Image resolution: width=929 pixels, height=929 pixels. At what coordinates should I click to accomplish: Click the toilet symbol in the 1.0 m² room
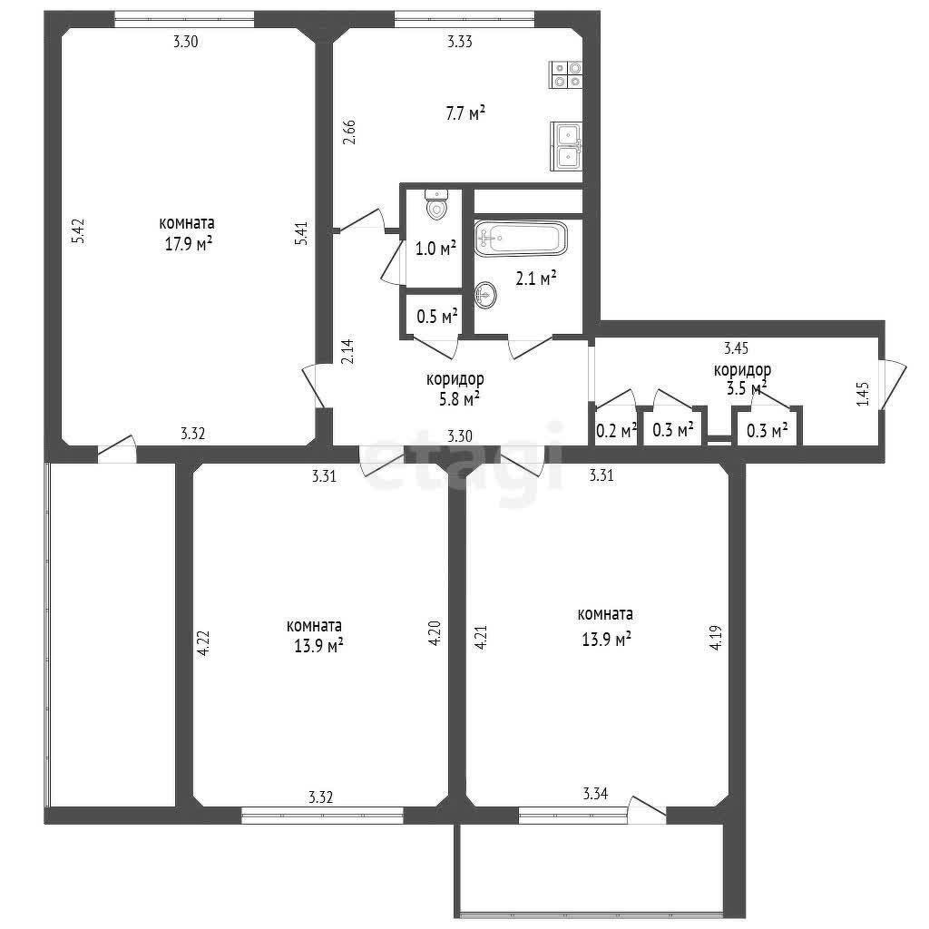pos(436,203)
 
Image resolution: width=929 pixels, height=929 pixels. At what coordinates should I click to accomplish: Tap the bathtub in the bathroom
pos(521,239)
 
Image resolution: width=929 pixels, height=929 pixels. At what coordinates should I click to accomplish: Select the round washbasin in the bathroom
pos(486,295)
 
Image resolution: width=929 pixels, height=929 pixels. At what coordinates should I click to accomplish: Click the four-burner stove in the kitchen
pos(565,74)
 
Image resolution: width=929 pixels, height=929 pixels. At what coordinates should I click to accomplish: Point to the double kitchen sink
pos(566,146)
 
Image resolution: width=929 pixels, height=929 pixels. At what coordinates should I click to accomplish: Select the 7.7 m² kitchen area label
pos(465,113)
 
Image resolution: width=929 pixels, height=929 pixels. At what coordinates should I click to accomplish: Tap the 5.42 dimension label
pos(78,231)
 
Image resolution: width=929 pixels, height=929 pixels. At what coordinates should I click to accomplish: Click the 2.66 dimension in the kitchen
pos(349,132)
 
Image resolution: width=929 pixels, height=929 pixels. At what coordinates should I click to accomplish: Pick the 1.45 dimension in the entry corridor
pos(863,394)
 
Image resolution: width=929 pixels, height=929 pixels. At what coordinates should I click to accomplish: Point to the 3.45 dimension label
pos(737,347)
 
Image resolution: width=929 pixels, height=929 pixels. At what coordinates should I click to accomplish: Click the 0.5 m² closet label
pos(437,317)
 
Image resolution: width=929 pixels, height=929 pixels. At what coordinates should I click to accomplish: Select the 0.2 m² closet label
pos(616,431)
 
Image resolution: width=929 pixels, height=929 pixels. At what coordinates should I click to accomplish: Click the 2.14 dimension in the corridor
pos(347,351)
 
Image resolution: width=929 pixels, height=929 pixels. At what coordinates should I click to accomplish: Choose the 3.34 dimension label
pos(595,793)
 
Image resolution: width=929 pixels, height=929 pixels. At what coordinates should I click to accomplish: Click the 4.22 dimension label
pos(203,643)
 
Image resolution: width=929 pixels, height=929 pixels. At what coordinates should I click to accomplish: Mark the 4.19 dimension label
pos(716,638)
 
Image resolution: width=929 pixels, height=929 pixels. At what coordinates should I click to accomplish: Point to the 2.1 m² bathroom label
pos(535,278)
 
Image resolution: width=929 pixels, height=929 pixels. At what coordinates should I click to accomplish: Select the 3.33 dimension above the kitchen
pos(460,42)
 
